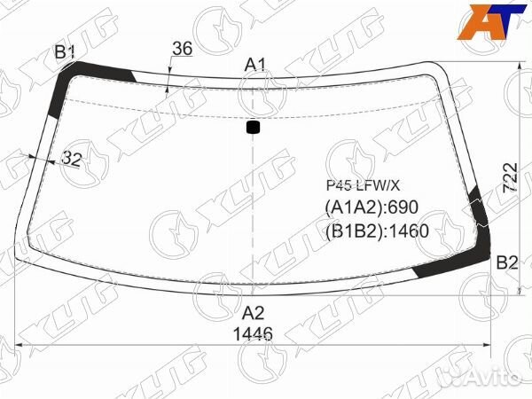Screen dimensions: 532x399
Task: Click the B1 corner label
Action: tap(65, 52)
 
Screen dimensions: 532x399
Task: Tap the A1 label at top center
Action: tap(255, 65)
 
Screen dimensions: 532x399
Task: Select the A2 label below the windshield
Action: tap(253, 313)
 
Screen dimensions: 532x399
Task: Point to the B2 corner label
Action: tap(507, 262)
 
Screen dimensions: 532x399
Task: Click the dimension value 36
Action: tap(183, 48)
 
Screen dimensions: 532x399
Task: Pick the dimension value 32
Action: tap(73, 158)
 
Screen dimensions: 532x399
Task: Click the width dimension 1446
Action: tap(253, 334)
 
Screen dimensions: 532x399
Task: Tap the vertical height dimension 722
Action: tap(510, 178)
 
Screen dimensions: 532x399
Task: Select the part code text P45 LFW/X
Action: tap(363, 185)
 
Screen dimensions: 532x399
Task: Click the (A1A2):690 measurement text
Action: tap(372, 207)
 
